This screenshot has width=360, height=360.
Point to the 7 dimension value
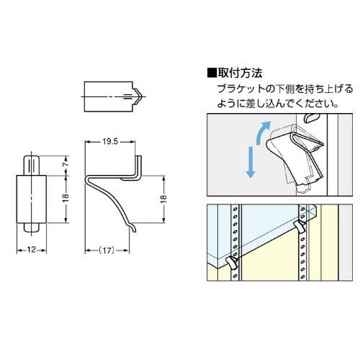(x=66, y=164)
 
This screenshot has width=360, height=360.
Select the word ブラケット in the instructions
(x=238, y=89)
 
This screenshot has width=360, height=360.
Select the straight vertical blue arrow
(x=250, y=163)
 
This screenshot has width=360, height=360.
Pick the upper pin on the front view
(x=31, y=162)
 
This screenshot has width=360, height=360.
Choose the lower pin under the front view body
(x=31, y=227)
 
